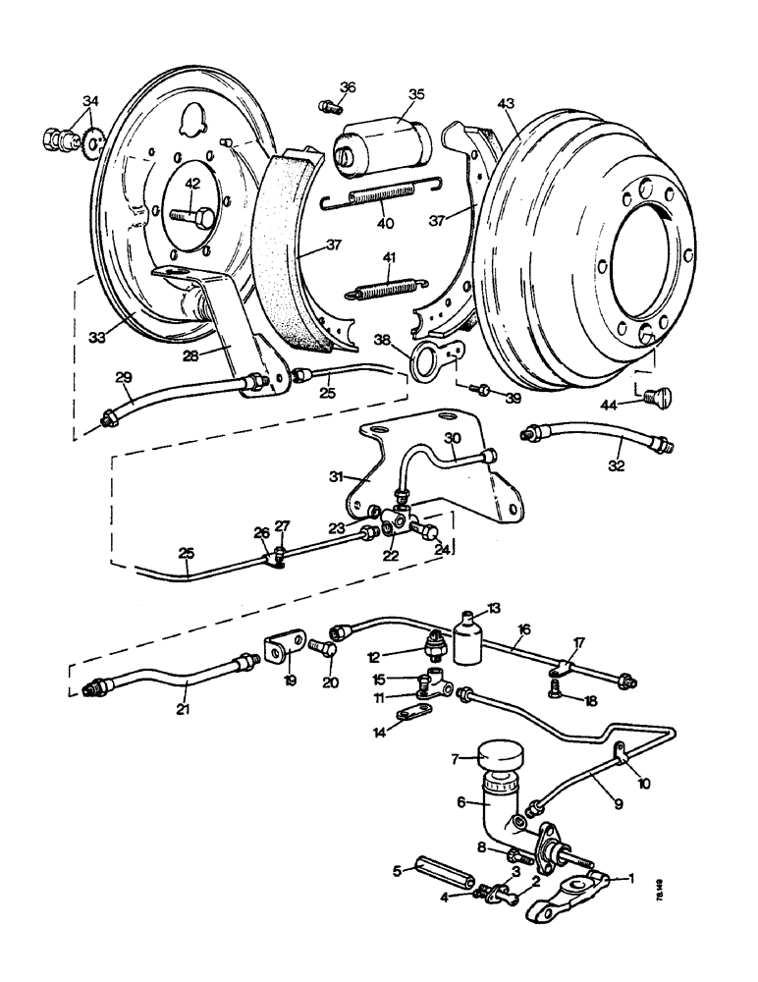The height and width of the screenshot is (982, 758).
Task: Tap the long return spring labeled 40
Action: tap(384, 200)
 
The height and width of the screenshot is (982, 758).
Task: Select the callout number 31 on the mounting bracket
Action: tap(337, 476)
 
